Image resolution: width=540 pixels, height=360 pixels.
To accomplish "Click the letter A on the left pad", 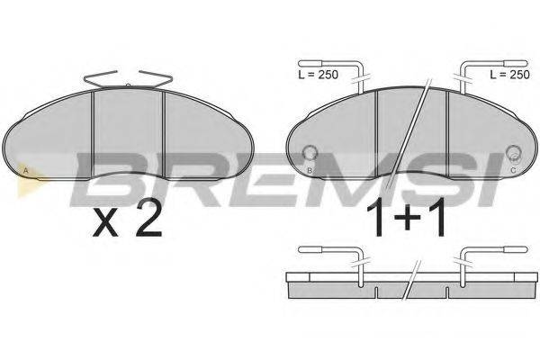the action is (x=25, y=170).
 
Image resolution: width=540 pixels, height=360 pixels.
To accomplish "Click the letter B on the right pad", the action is (x=310, y=170).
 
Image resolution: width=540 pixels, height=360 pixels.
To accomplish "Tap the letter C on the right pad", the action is (x=513, y=170).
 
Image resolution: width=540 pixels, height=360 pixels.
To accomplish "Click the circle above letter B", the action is (x=310, y=153).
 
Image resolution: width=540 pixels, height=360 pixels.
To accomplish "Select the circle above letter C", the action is (x=513, y=153).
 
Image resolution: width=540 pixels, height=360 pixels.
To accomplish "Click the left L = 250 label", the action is (x=319, y=75).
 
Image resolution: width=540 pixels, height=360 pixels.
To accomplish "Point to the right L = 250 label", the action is (x=509, y=75).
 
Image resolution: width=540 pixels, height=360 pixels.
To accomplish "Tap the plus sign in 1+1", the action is (x=407, y=218).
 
